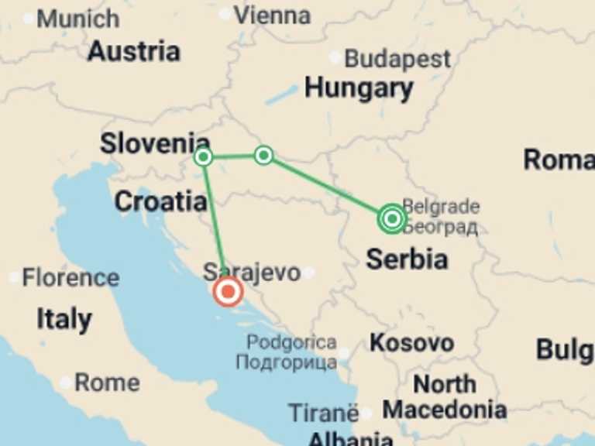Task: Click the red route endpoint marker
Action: click(x=228, y=292)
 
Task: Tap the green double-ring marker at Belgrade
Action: click(x=392, y=219)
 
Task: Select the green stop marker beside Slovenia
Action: click(x=203, y=157)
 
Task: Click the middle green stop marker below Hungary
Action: click(x=263, y=156)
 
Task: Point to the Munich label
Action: click(x=78, y=18)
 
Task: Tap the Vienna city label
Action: click(x=272, y=14)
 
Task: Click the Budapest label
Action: click(x=397, y=58)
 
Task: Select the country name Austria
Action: click(x=134, y=51)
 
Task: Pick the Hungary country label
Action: click(x=358, y=88)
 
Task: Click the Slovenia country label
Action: click(x=155, y=143)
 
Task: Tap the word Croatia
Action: click(x=160, y=201)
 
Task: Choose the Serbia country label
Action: click(x=407, y=259)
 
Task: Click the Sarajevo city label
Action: click(x=251, y=273)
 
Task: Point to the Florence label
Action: click(x=71, y=277)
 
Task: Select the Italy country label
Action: click(x=64, y=318)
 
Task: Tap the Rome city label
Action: click(x=107, y=383)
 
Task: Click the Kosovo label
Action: click(x=411, y=342)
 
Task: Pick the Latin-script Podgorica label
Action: click(x=291, y=342)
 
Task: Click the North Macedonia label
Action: click(x=444, y=396)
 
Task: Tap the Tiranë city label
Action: click(x=323, y=413)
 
